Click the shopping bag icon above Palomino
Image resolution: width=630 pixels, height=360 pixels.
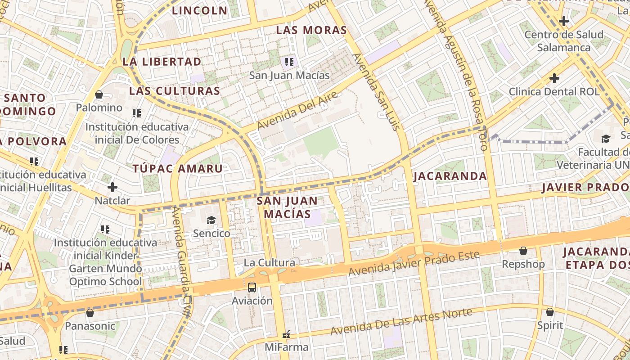pyautogui.click(x=99, y=94)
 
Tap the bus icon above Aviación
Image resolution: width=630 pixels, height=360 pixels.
pyautogui.click(x=252, y=287)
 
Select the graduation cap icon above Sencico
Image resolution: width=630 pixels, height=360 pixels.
pyautogui.click(x=211, y=220)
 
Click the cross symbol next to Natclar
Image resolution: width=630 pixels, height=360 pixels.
pyautogui.click(x=112, y=187)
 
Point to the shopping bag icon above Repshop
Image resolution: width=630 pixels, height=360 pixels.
pyautogui.click(x=523, y=251)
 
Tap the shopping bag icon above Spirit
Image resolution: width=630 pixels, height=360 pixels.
pyautogui.click(x=549, y=312)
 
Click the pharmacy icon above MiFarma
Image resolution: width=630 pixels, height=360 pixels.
pyautogui.click(x=286, y=334)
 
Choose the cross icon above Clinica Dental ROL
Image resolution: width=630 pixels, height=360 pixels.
pyautogui.click(x=554, y=78)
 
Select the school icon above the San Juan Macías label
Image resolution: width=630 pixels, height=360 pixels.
pyautogui.click(x=289, y=62)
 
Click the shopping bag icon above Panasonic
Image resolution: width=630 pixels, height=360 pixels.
pyautogui.click(x=90, y=312)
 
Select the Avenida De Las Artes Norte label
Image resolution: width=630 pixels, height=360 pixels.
pyautogui.click(x=401, y=321)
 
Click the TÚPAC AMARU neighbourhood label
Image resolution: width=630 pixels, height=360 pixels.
pyautogui.click(x=177, y=169)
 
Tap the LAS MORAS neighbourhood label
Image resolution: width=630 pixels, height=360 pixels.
pyautogui.click(x=311, y=30)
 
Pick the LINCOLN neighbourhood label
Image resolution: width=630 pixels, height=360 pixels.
pyautogui.click(x=200, y=10)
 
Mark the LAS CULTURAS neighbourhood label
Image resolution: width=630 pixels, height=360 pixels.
pyautogui.click(x=175, y=91)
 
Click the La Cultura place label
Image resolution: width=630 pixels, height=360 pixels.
pyautogui.click(x=270, y=262)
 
